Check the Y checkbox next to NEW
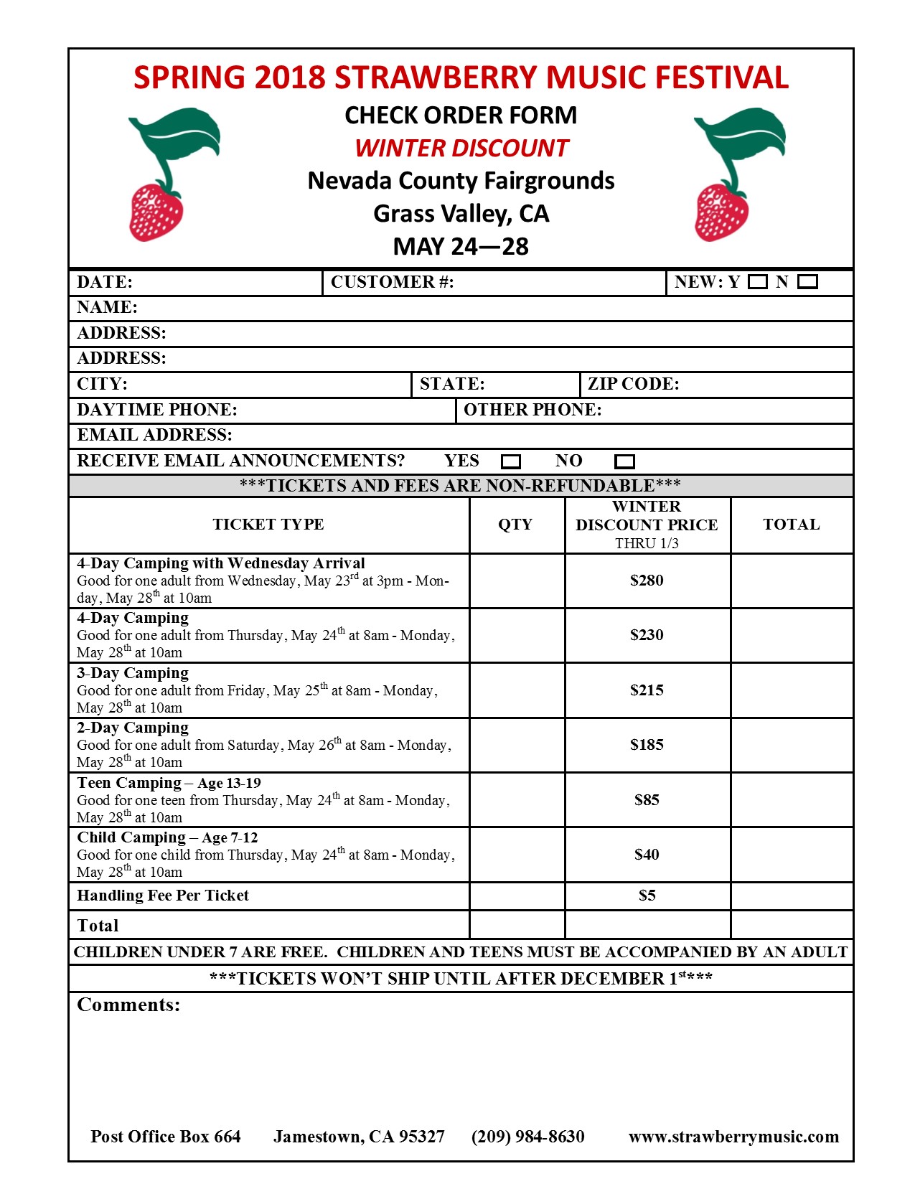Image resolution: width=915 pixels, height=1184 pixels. click(x=757, y=282)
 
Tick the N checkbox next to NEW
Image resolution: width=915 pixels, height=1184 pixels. click(x=807, y=282)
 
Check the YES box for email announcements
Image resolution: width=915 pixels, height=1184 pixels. click(x=510, y=461)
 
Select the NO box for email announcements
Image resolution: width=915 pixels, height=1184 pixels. click(x=625, y=461)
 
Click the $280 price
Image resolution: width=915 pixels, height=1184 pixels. click(x=647, y=581)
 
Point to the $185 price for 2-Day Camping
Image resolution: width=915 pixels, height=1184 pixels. click(x=647, y=745)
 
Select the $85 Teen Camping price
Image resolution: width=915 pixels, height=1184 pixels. click(x=647, y=800)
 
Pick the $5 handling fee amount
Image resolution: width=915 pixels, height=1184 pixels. click(x=647, y=896)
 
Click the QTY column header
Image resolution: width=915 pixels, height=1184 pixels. click(x=515, y=525)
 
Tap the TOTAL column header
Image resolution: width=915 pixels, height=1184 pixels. click(x=791, y=525)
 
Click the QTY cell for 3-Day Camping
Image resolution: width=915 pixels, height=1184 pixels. click(x=517, y=690)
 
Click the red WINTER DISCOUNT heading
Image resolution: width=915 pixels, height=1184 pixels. click(x=461, y=149)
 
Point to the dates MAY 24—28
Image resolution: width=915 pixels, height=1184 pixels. click(x=461, y=247)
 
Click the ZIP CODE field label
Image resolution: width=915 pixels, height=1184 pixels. click(x=633, y=384)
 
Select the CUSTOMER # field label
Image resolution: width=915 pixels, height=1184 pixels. click(x=392, y=282)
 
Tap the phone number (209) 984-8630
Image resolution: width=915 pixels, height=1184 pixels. click(x=527, y=1137)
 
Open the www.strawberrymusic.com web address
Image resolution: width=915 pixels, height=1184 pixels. click(x=733, y=1137)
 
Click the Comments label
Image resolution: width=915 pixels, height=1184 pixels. click(x=128, y=1005)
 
